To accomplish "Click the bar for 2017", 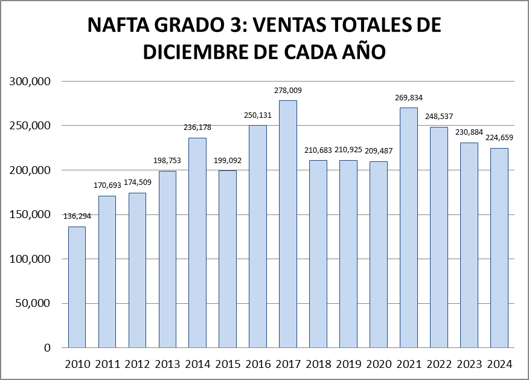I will click(288, 224).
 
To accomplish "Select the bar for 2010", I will click(77, 287).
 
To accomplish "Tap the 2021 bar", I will click(409, 227).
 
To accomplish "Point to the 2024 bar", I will click(499, 248).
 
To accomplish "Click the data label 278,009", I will click(288, 91).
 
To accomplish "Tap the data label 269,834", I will click(409, 96).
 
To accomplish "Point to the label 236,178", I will click(197, 127).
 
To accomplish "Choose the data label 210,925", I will click(348, 149).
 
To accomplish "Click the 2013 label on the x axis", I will click(167, 364).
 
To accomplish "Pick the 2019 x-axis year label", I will click(348, 364).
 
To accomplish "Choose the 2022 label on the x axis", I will click(439, 364).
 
